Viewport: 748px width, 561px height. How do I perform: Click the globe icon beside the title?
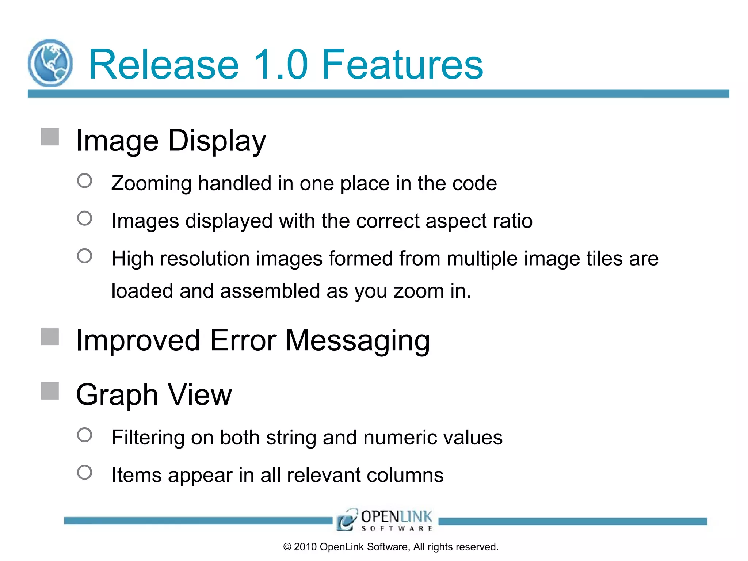(50, 63)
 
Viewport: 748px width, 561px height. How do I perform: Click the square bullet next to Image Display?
(50, 137)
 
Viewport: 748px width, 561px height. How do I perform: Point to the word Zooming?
(151, 183)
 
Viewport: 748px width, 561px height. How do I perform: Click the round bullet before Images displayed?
(85, 218)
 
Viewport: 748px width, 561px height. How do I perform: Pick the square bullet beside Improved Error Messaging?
(50, 336)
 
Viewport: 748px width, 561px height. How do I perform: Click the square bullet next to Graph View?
(50, 391)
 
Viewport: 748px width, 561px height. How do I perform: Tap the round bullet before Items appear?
(85, 472)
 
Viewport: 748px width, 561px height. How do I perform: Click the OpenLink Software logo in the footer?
(385, 520)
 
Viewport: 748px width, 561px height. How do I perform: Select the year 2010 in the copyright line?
(305, 547)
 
